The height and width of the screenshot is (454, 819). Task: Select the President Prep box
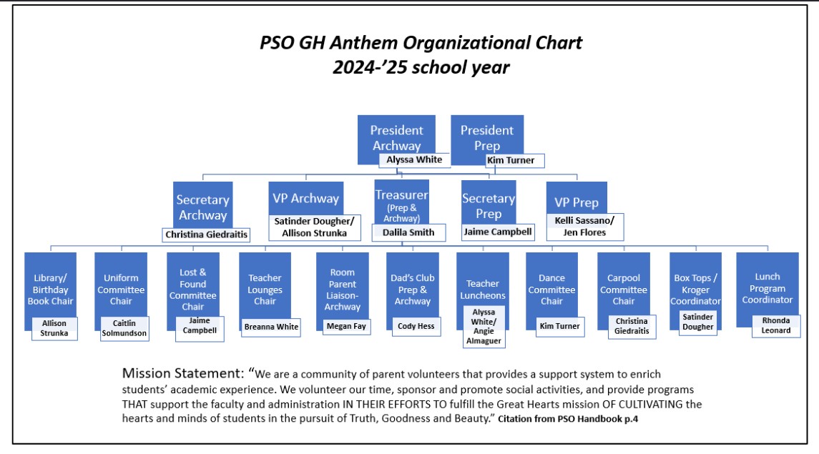(487, 137)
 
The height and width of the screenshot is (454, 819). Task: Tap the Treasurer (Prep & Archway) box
(402, 202)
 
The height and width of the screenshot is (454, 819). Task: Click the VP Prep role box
(577, 200)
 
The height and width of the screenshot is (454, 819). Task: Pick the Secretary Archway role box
(202, 205)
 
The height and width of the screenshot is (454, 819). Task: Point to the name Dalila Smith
(408, 232)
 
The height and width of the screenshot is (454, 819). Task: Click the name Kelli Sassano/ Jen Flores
(585, 227)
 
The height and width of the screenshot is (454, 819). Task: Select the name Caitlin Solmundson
(124, 328)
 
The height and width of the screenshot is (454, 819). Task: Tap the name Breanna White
(271, 327)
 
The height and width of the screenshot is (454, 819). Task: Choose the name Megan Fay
(346, 326)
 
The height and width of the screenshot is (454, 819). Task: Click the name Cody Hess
(416, 326)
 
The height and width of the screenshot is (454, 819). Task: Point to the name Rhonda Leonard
(775, 325)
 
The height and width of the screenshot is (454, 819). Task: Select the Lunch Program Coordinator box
(767, 288)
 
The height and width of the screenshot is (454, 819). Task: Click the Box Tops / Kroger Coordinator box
(695, 290)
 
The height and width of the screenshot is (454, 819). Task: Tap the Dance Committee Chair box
(551, 290)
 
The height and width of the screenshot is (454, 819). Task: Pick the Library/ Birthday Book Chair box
(50, 290)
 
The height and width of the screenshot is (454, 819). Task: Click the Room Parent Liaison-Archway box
(342, 290)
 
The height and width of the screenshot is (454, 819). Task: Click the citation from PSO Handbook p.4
(568, 419)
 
